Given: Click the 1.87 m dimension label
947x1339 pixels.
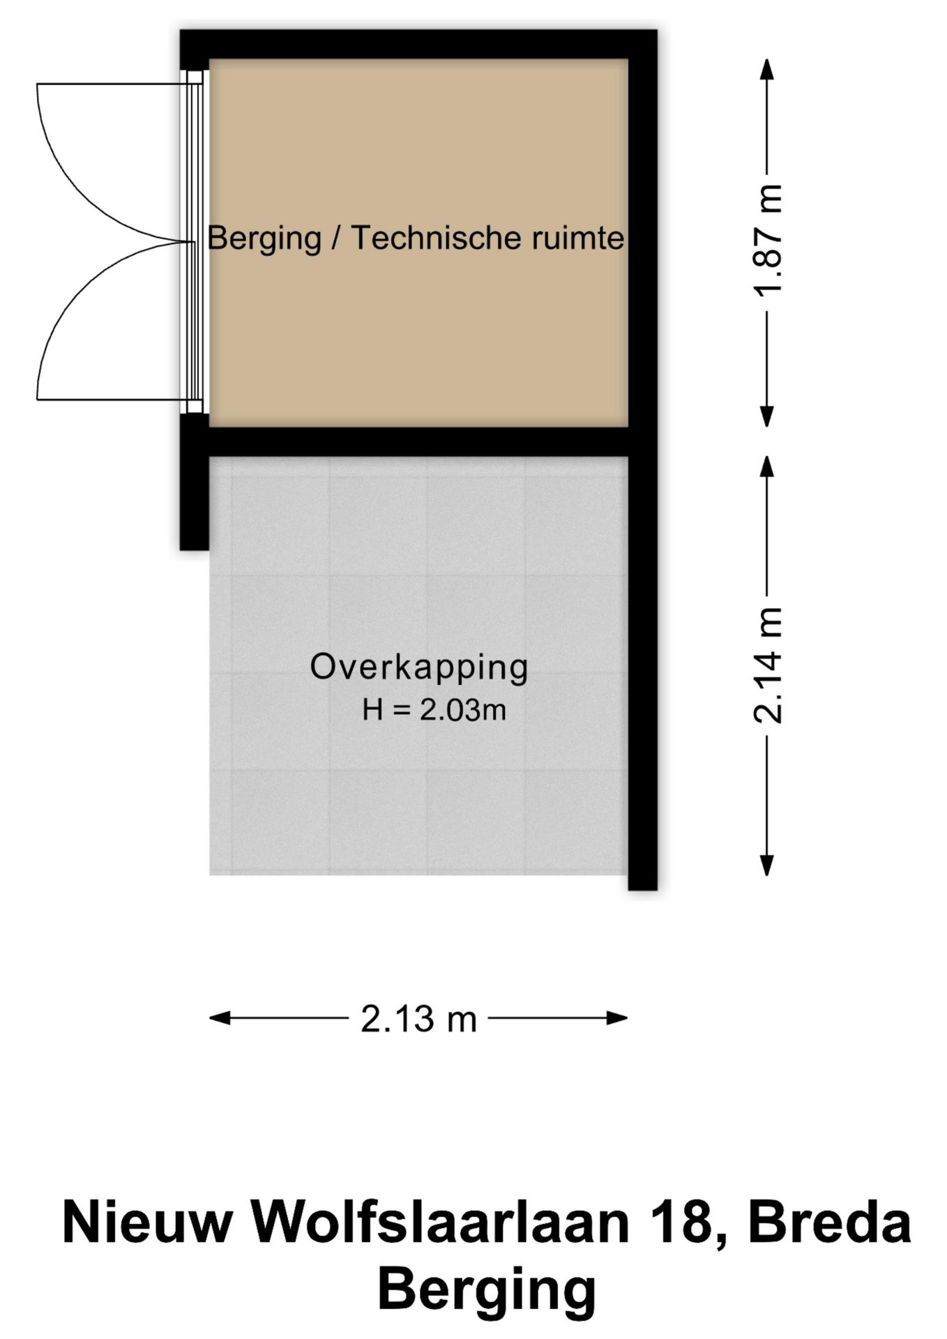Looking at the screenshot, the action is tap(768, 241).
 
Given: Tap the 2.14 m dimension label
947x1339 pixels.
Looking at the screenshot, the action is tap(768, 665).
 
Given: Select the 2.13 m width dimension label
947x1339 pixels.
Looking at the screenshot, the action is tap(418, 1020).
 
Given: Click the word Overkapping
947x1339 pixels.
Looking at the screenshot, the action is tap(419, 667).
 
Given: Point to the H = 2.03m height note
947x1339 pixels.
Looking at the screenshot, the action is tap(434, 710).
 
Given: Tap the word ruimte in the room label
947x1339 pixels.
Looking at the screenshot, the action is tap(578, 239).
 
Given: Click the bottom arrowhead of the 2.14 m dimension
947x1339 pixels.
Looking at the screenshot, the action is tap(767, 865).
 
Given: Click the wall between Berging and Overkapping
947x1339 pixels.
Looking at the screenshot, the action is tap(418, 441).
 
